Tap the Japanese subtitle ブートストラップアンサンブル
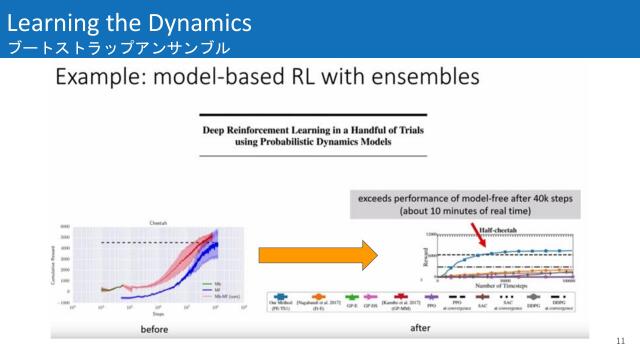coord(118,47)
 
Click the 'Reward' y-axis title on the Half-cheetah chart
coord(426,256)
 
